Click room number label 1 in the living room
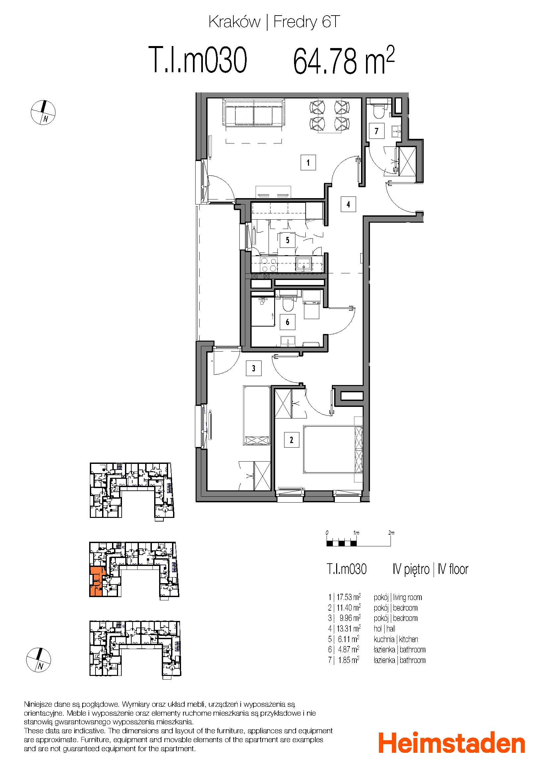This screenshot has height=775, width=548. click(308, 163)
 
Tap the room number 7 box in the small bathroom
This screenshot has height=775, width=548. click(377, 131)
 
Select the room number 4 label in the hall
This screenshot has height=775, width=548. click(348, 204)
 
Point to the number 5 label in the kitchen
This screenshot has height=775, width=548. click(287, 240)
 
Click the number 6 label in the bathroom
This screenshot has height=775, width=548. click(287, 322)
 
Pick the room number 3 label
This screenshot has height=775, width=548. click(253, 368)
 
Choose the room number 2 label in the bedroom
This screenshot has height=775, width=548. click(291, 440)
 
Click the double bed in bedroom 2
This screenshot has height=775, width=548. click(333, 450)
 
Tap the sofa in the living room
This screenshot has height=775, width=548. click(253, 113)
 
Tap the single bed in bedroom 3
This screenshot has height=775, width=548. click(257, 416)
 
